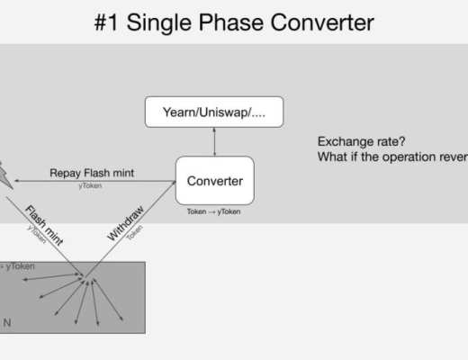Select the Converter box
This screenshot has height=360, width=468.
tap(214, 181)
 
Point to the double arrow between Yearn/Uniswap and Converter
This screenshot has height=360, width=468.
tap(214, 142)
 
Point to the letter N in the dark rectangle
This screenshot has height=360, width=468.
tap(8, 321)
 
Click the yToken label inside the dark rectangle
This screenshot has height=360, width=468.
tap(18, 267)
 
